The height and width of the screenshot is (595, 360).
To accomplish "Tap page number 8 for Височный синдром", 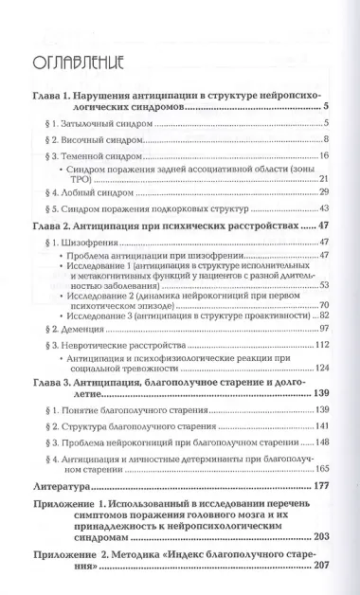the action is (x=324, y=140).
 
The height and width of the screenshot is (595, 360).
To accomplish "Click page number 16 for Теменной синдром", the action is (x=322, y=155).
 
